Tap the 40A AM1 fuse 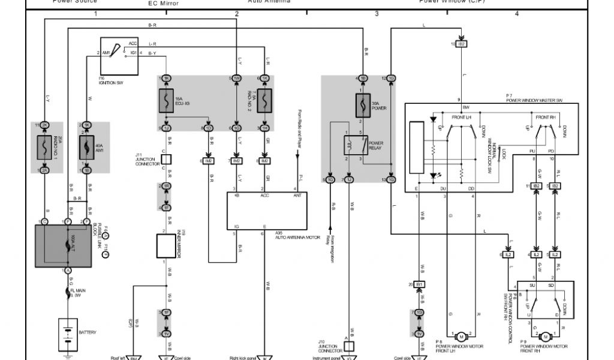[87, 147]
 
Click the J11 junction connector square [167, 160]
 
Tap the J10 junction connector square [348, 346]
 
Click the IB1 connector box [419, 284]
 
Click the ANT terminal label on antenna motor [297, 195]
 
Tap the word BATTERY [88, 332]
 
